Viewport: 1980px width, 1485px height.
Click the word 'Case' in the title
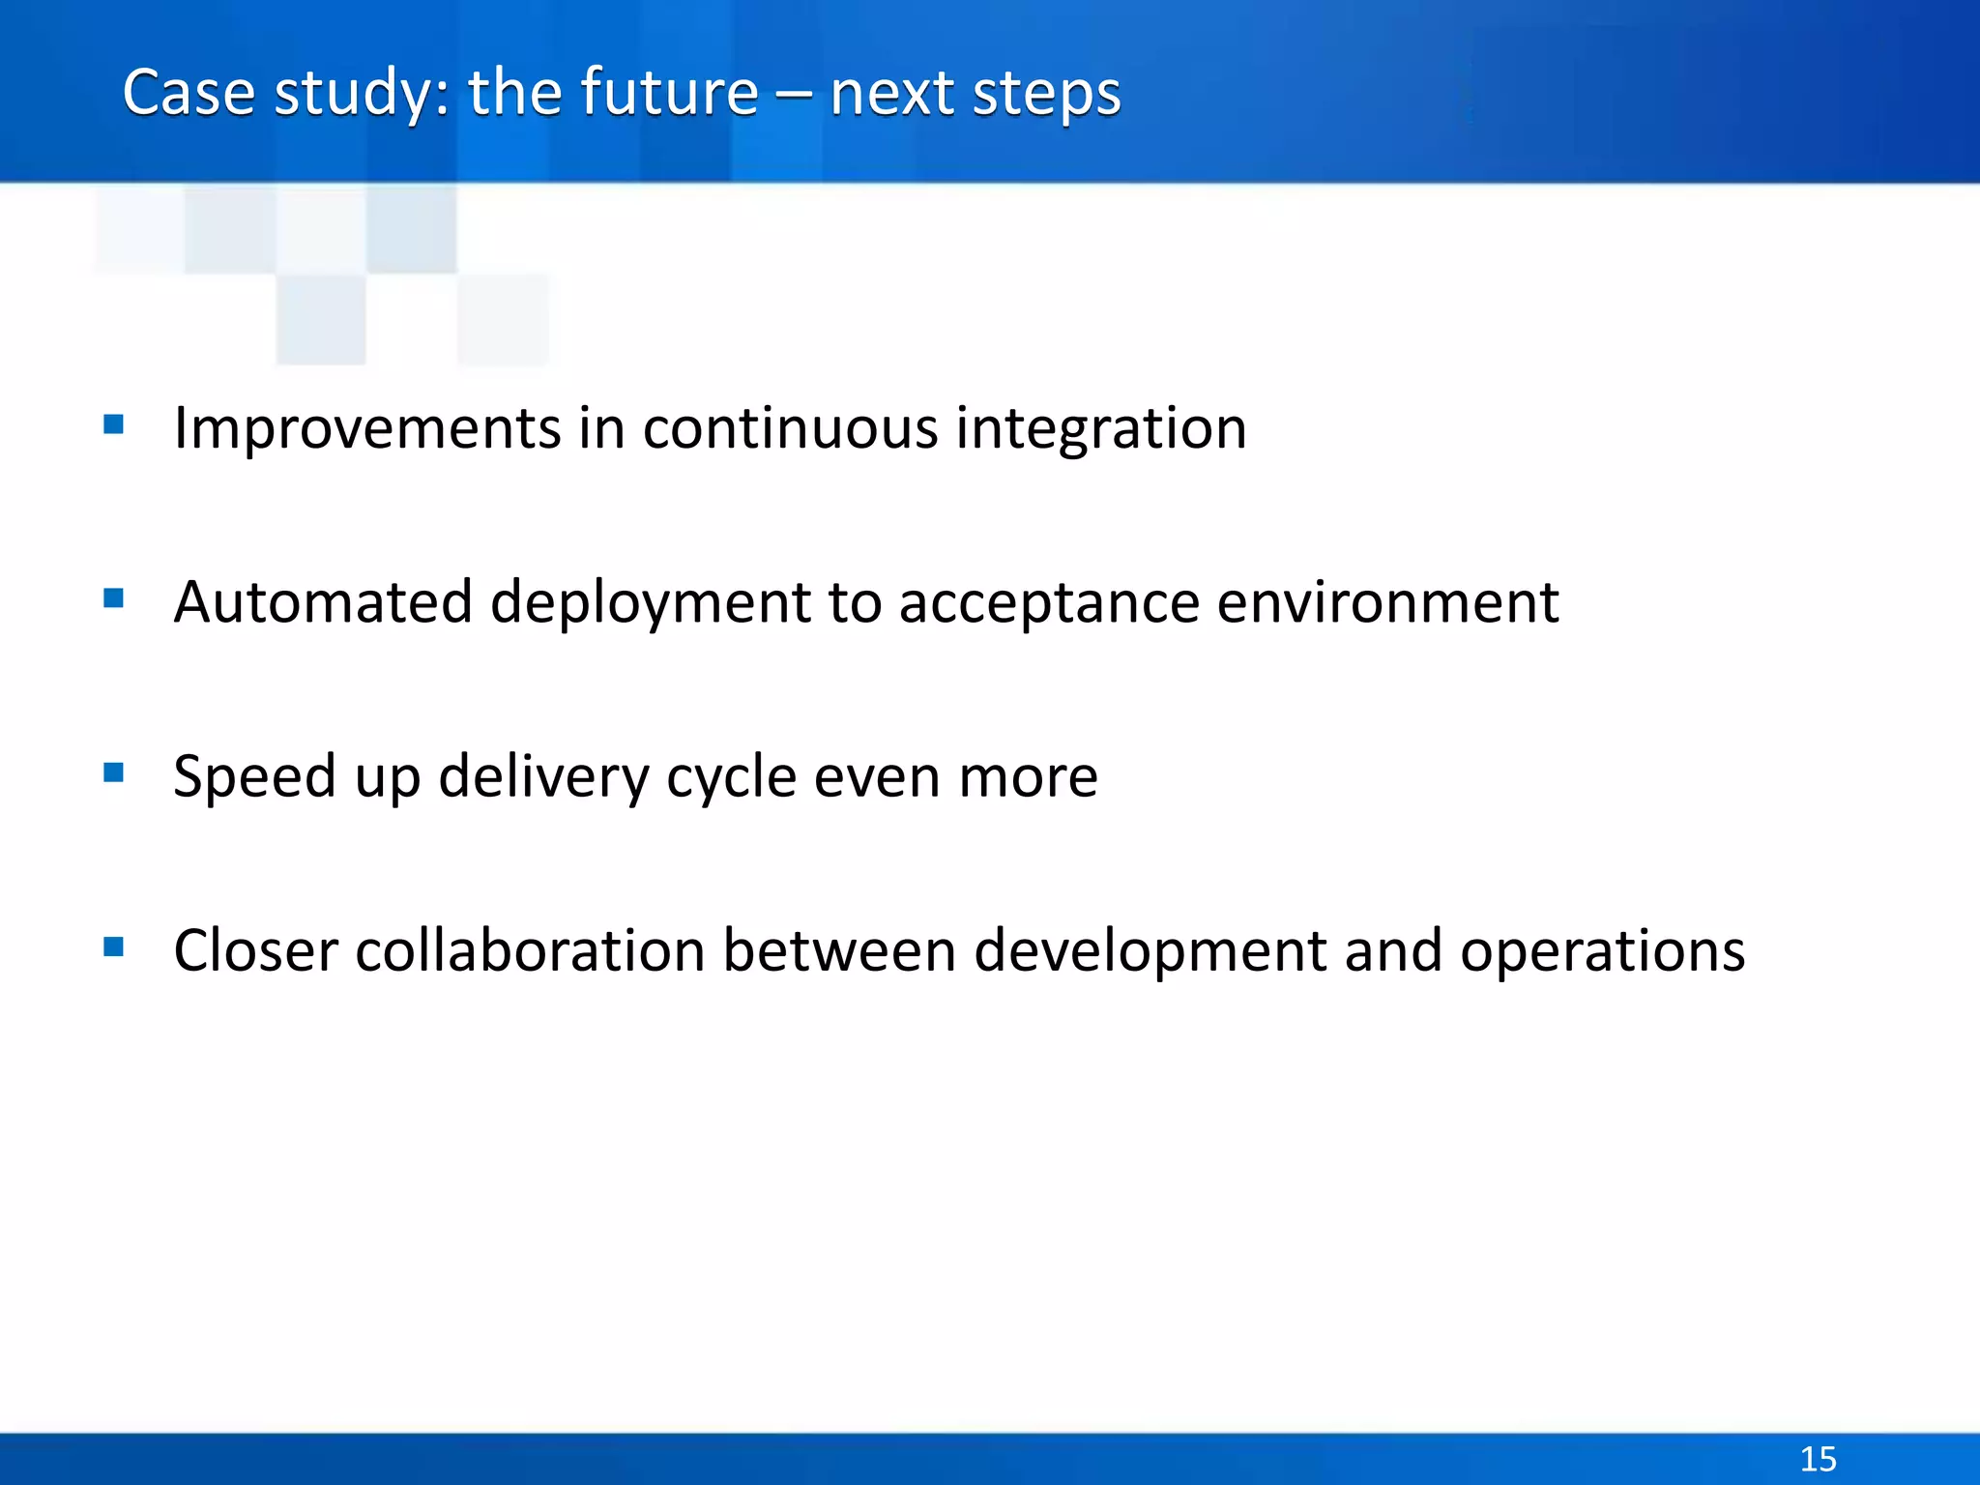pyautogui.click(x=189, y=93)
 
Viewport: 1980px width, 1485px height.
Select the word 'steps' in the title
pyautogui.click(x=1046, y=95)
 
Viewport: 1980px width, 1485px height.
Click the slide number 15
pyautogui.click(x=1818, y=1458)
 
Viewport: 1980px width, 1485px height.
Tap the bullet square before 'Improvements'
pyautogui.click(x=113, y=424)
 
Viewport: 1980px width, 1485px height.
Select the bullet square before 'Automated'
pyautogui.click(x=113, y=598)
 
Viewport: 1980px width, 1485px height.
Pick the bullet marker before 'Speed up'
pyautogui.click(x=113, y=772)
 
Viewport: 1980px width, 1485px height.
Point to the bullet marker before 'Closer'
pyautogui.click(x=113, y=946)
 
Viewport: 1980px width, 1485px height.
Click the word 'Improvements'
pyautogui.click(x=366, y=428)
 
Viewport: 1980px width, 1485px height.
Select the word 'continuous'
pyautogui.click(x=790, y=428)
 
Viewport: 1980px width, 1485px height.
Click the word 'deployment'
pyautogui.click(x=651, y=604)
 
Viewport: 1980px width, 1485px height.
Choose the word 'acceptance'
pyautogui.click(x=1049, y=604)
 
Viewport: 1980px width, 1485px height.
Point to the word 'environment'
pyautogui.click(x=1387, y=602)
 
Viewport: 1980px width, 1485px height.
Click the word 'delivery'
pyautogui.click(x=543, y=777)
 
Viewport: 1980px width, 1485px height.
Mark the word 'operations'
pyautogui.click(x=1602, y=952)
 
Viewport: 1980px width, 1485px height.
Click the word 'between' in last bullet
pyautogui.click(x=839, y=950)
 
